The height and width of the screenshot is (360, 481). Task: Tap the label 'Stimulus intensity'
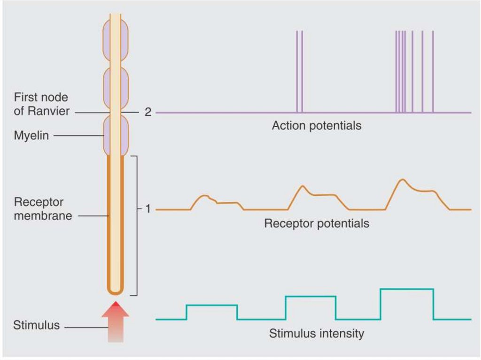tap(316, 334)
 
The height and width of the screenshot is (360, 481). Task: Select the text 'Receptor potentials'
tap(316, 223)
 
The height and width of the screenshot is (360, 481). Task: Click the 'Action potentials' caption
tap(316, 126)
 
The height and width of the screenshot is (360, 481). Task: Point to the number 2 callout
tap(147, 113)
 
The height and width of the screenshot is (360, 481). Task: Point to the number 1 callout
tap(147, 209)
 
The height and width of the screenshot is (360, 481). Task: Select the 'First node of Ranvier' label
tap(41, 104)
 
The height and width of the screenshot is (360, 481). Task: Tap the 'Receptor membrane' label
tap(39, 209)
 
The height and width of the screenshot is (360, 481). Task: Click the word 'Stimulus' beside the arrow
tap(37, 325)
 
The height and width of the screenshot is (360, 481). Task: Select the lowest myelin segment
tap(116, 136)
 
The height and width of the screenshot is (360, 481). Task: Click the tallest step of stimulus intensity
tap(406, 289)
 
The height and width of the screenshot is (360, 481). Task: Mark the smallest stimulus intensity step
tap(211, 306)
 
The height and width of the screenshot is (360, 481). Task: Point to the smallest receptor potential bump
tap(205, 196)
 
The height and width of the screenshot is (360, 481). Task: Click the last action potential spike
tap(433, 70)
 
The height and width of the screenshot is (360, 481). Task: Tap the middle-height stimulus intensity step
tap(310, 297)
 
